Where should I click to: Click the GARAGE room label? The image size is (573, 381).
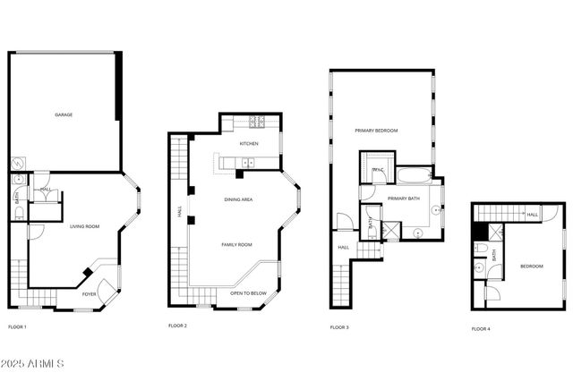[x=63, y=114]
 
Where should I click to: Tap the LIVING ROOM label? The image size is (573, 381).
[x=85, y=226]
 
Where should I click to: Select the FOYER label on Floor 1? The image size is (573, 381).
[x=90, y=293]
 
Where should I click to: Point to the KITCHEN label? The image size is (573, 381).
[x=249, y=143]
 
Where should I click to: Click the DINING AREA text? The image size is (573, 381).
[x=238, y=199]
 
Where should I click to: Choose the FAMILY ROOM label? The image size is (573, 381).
[x=237, y=244]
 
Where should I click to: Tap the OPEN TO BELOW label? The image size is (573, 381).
[x=248, y=293]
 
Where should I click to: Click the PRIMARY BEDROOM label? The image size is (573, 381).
[x=376, y=131]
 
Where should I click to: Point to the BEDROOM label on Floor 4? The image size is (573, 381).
[x=532, y=266]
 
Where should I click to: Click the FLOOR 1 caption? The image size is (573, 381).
[x=17, y=326]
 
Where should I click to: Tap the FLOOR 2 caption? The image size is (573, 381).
[x=177, y=326]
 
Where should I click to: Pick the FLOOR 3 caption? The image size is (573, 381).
[x=339, y=327]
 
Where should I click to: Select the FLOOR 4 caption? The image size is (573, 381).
[x=481, y=328]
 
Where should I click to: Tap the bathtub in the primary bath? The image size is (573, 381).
[x=414, y=174]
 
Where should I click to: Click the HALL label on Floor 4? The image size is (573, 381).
[x=533, y=215]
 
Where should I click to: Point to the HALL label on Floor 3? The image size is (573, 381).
[x=344, y=247]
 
